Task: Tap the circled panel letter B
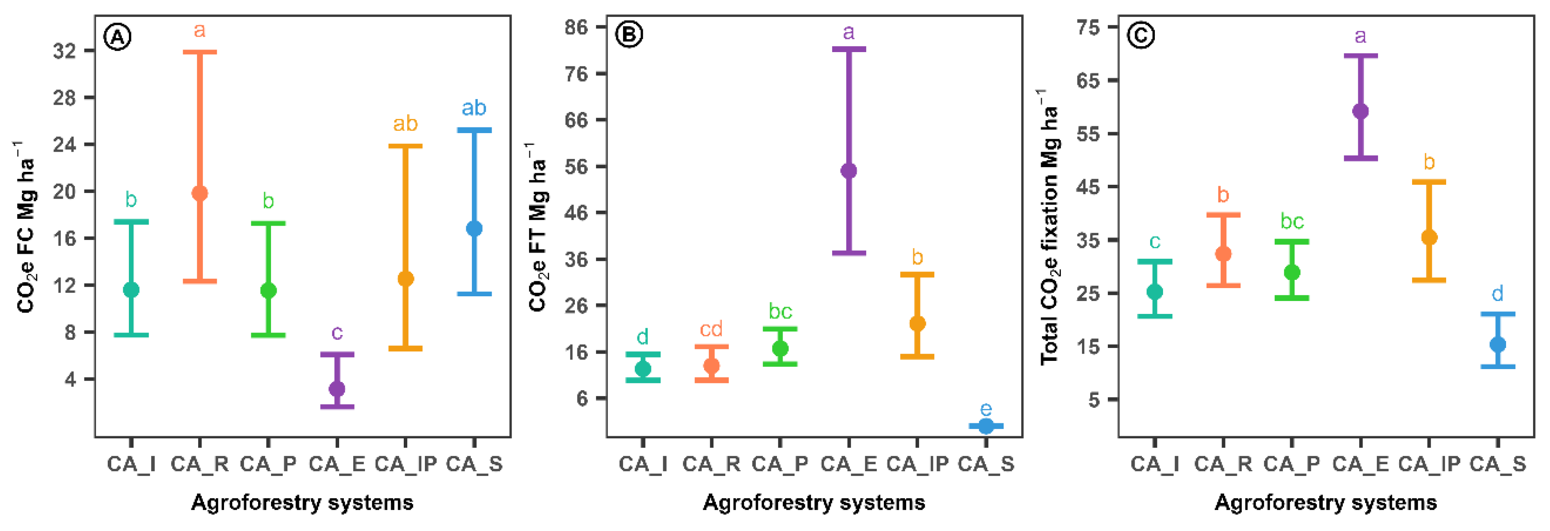tap(629, 35)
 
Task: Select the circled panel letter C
tap(1140, 35)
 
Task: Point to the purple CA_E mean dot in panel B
tap(848, 171)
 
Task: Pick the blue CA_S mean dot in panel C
tap(1498, 345)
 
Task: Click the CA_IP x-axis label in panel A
tap(405, 464)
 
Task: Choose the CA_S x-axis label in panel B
tap(986, 464)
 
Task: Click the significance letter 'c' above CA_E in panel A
tap(337, 332)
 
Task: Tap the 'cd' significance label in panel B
tap(711, 329)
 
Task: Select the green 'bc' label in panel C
tap(1292, 222)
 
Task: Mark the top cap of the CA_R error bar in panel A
tap(200, 52)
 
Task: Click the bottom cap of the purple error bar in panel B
tap(848, 253)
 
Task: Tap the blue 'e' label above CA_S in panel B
tap(986, 410)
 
